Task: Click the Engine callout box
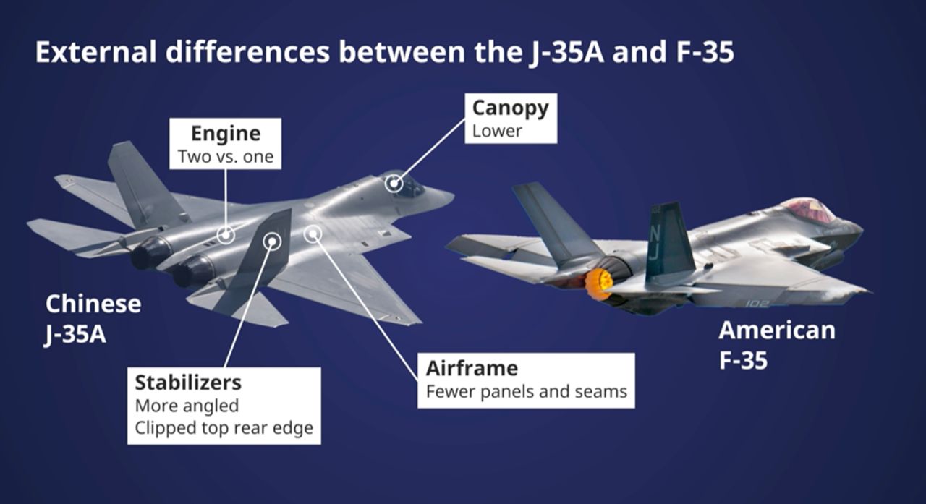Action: coord(225,144)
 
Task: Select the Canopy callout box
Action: coord(510,119)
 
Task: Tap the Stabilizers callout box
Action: coord(224,405)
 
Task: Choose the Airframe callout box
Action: coord(526,380)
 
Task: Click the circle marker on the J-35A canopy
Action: coord(394,184)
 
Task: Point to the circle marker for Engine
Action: coord(226,234)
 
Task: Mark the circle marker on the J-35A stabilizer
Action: coord(272,241)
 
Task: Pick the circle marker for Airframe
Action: coord(313,233)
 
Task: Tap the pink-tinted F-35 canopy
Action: coord(809,210)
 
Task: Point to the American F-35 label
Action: coord(776,345)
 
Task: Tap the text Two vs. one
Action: coord(225,156)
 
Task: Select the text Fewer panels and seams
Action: coord(526,393)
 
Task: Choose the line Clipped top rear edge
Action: coord(224,427)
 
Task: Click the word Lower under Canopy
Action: coord(497,131)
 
